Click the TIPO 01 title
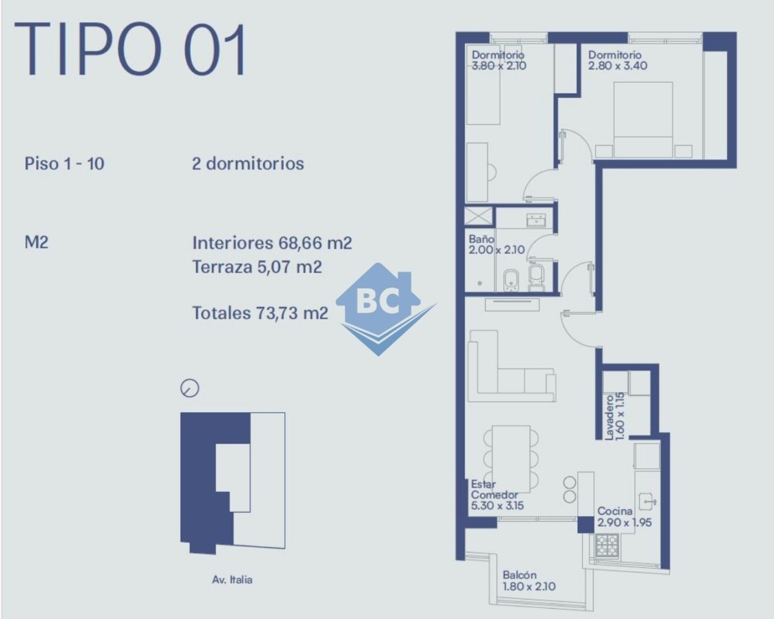coord(130,49)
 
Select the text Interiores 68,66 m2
coord(272,243)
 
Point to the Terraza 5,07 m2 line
coord(257,266)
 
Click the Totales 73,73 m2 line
coord(260,313)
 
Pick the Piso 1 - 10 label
coord(64,164)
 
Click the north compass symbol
coord(190,388)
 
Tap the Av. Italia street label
coord(232,580)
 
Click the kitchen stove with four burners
coord(607,546)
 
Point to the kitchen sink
coord(648,502)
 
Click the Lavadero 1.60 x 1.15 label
coord(615,418)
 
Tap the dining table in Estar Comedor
coord(511,459)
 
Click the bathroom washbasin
coord(536,220)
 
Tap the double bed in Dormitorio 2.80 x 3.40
coord(643,120)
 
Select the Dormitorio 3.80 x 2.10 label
coord(499,60)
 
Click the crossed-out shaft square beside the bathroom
coord(478,216)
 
